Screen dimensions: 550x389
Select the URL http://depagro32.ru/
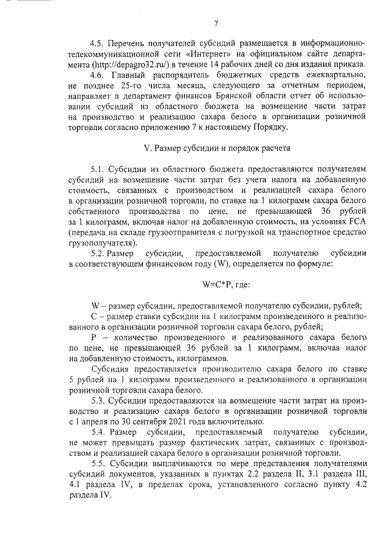coord(136,64)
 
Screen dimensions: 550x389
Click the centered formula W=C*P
coord(210,283)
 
